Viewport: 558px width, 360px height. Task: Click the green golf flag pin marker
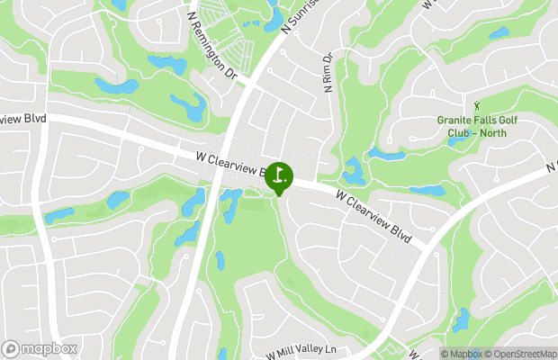pos(278,176)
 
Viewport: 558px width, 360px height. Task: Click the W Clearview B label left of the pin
pos(230,164)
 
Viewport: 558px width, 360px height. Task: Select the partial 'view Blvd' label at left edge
pos(22,118)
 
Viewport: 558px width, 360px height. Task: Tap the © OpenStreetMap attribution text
pos(522,354)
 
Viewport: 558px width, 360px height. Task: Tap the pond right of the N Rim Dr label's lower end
pos(353,170)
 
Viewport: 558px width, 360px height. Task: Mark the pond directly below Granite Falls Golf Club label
pos(459,142)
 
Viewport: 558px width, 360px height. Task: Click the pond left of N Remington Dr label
pos(167,65)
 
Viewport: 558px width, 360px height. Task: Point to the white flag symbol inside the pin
pos(279,173)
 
